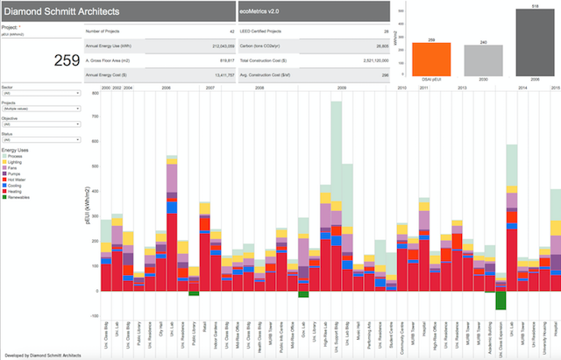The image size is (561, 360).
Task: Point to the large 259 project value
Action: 67,60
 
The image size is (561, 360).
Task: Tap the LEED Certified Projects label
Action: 267,31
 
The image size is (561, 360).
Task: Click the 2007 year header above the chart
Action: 209,88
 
